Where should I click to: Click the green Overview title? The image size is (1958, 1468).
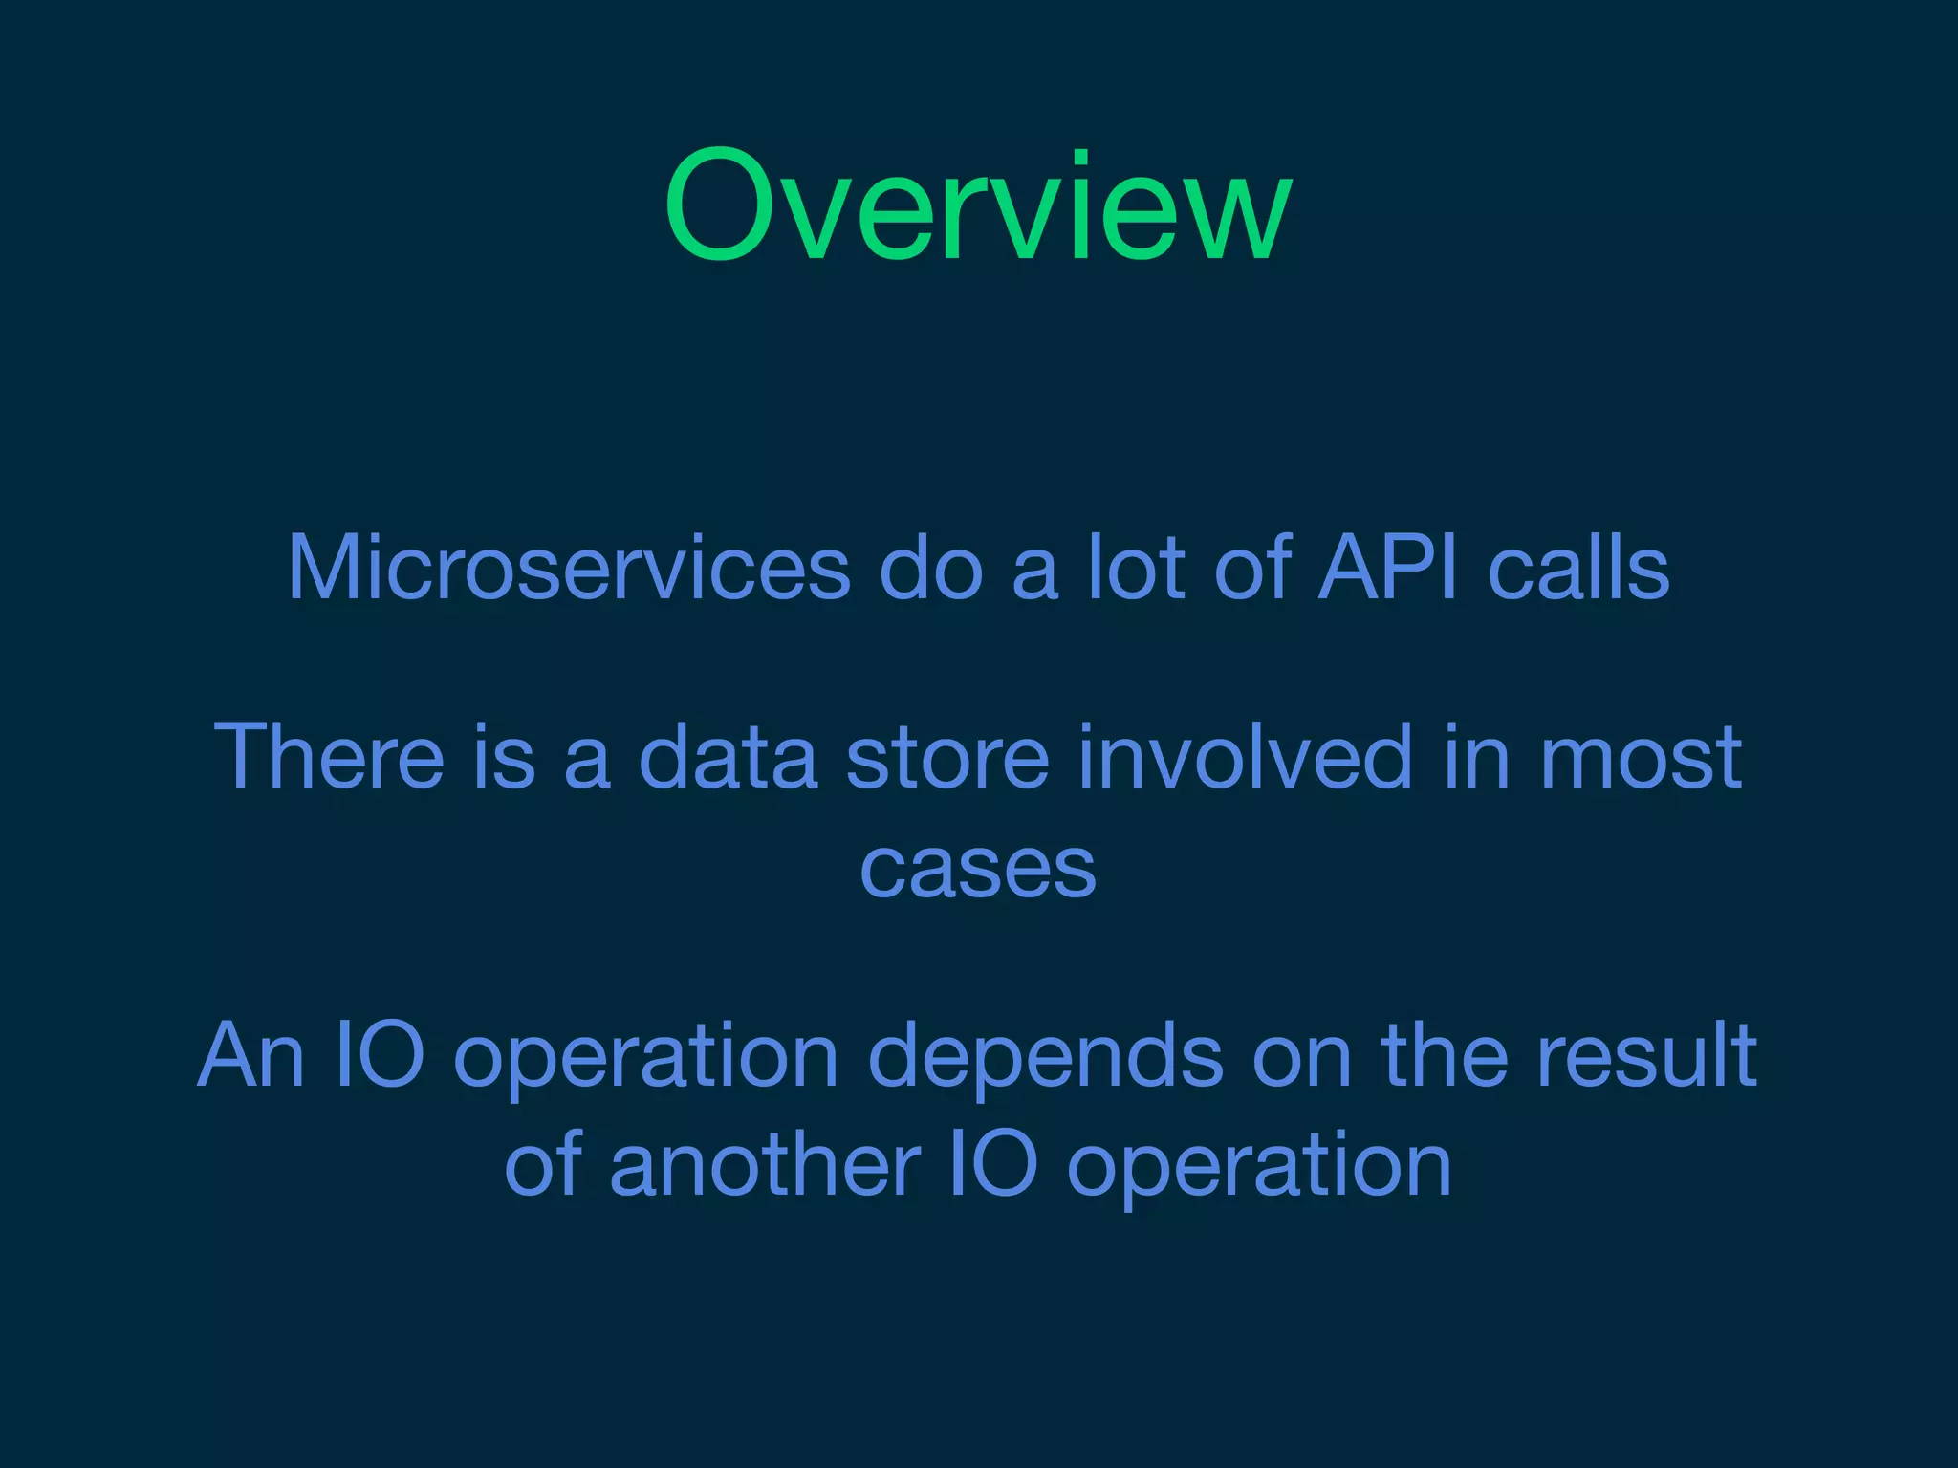point(978,205)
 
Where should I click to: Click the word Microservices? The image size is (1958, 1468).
point(569,569)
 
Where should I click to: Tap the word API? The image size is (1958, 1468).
point(1387,569)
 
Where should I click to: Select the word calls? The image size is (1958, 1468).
point(1578,569)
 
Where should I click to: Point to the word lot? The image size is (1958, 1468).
point(1136,569)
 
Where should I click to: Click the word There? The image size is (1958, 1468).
point(328,757)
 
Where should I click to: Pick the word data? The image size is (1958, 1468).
point(728,757)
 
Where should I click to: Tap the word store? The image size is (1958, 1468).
point(947,757)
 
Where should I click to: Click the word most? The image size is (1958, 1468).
point(1642,757)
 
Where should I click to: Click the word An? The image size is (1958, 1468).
point(250,1055)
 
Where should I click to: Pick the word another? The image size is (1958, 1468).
point(765,1165)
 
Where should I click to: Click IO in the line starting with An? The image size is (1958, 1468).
point(380,1055)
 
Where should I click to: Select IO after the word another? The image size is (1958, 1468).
point(993,1165)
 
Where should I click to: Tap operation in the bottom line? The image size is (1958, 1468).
point(1259,1165)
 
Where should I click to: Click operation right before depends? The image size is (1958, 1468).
point(645,1055)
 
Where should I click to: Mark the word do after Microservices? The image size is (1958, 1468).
point(930,569)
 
